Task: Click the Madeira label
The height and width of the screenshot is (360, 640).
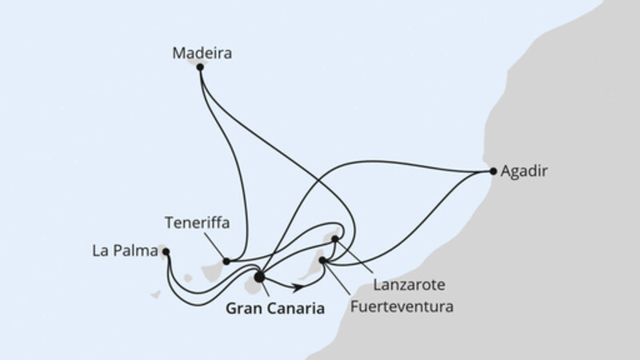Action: point(202,53)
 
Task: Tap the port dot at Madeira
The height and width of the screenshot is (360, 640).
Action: point(200,67)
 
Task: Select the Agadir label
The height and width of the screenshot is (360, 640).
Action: point(524,171)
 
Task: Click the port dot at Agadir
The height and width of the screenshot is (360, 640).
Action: point(493,171)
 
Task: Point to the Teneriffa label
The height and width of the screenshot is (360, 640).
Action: point(197,223)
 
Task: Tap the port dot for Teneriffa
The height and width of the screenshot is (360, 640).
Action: point(226,262)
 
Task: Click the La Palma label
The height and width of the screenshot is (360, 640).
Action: point(125,250)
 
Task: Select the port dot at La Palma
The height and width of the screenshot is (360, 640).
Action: point(166,252)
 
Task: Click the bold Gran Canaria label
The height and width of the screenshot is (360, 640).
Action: point(275,308)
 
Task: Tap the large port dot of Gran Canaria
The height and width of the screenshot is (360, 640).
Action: point(259,277)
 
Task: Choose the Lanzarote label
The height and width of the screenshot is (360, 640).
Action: point(409,285)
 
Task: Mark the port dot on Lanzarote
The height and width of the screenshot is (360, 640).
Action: point(334,238)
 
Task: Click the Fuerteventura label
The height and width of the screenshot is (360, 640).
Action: point(402,306)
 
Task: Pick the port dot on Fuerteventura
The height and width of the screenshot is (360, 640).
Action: point(322,261)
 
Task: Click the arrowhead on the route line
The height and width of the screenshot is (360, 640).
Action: point(298,287)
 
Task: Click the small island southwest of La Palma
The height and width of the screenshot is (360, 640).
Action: point(156,294)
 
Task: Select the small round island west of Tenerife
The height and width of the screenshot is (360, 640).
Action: point(188,278)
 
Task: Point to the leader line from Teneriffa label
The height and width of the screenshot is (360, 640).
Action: point(214,246)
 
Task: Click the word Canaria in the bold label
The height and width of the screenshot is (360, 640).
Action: point(298,308)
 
